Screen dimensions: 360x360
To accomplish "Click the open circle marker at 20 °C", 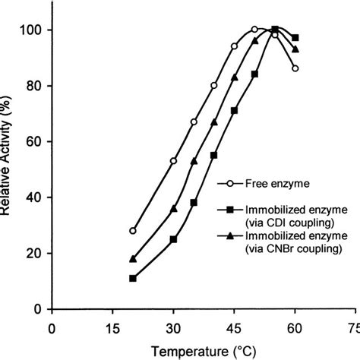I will pos(133,231).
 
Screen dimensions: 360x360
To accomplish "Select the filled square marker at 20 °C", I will pos(133,279).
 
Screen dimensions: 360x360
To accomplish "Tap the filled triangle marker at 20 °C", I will pos(133,259).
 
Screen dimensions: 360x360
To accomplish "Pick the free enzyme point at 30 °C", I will pos(173,161).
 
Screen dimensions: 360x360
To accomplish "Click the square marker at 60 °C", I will pos(295,37).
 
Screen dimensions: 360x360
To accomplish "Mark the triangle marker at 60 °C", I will pos(295,49).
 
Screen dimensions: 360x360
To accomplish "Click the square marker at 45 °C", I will pos(234,110).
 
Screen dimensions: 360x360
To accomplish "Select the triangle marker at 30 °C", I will pos(173,208).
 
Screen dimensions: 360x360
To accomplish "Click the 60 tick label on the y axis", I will pos(36,141).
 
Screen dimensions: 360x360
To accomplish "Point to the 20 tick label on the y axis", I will pos(36,254).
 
